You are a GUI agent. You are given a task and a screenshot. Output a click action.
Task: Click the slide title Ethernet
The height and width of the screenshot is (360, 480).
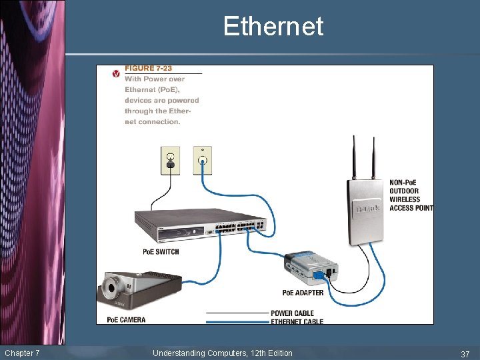pos(273,27)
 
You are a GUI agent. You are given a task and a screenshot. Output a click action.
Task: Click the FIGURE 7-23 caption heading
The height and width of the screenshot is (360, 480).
pos(149,69)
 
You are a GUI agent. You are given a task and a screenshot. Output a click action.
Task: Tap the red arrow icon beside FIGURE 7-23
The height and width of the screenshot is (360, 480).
pos(116,73)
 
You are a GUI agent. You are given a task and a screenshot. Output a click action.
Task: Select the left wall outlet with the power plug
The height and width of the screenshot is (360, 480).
pos(170,161)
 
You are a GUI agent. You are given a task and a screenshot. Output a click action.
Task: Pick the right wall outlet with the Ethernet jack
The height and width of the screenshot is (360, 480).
pos(202,160)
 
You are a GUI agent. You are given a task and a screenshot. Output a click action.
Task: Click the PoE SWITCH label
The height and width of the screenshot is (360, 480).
pos(161,252)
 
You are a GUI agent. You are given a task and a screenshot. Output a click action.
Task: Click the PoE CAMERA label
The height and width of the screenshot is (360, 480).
pos(126,320)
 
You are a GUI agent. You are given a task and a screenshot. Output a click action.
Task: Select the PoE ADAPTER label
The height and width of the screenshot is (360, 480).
pos(303,293)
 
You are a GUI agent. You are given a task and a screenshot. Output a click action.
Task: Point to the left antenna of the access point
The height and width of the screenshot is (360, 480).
pos(354,157)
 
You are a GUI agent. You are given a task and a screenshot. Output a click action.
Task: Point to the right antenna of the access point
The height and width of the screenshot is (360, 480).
pos(373,157)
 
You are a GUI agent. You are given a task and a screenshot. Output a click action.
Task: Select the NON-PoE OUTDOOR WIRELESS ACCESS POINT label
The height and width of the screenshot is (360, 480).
pos(411,195)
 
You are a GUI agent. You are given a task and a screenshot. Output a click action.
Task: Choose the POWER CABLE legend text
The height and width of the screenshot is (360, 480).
pos(292,313)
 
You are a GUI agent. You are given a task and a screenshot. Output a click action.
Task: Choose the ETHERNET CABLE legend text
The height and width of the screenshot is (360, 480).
pos(297,322)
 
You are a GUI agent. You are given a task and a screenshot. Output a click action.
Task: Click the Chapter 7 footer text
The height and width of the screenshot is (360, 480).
pos(22,353)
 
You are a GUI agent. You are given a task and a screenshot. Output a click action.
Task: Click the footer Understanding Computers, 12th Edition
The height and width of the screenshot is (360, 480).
pos(222,353)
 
